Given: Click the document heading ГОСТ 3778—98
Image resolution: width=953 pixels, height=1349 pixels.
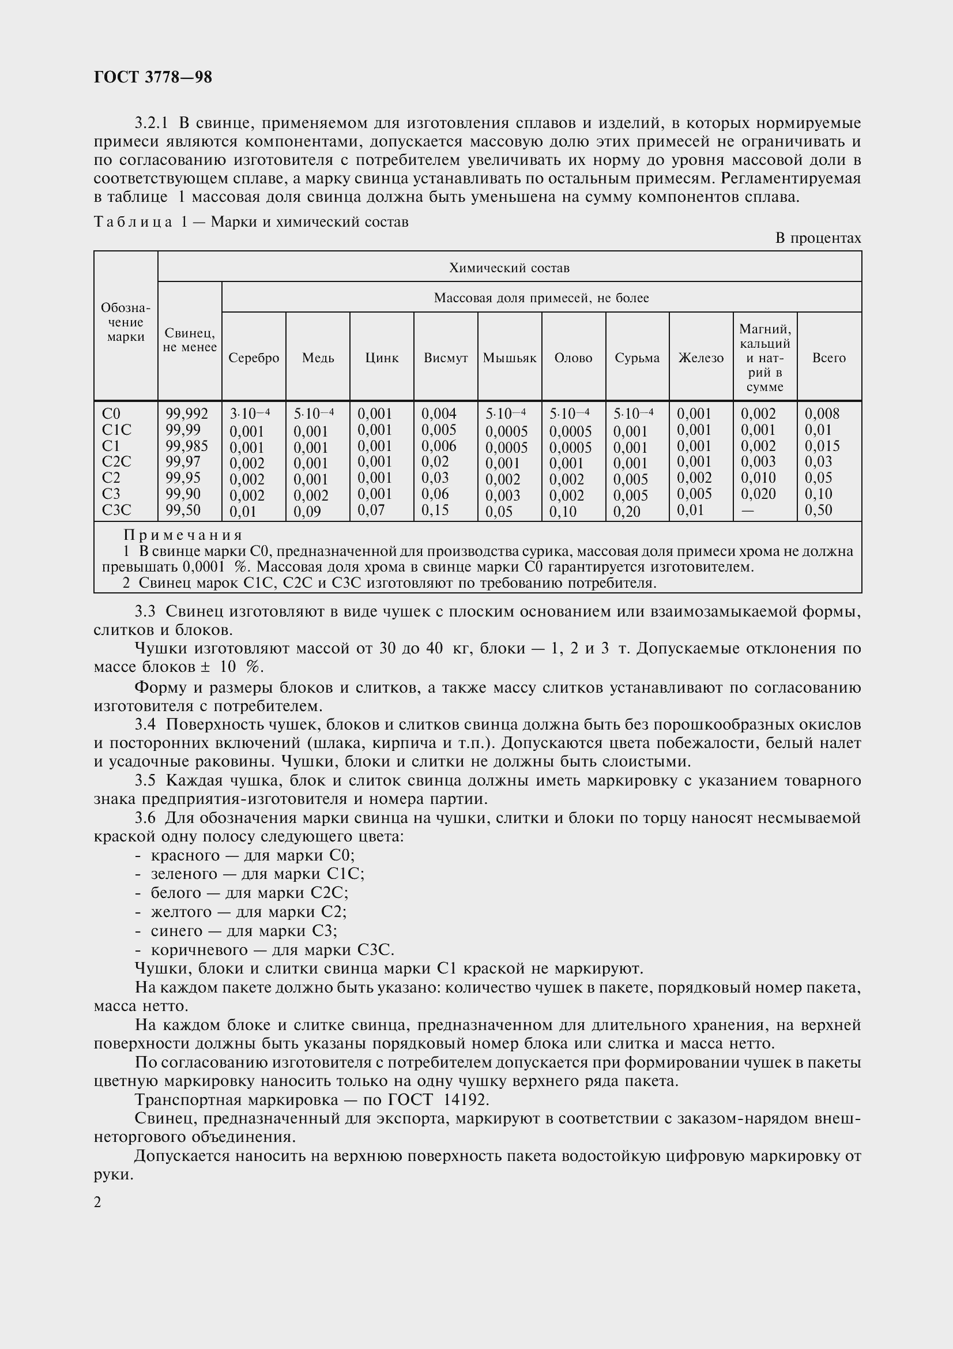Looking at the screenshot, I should point(153,77).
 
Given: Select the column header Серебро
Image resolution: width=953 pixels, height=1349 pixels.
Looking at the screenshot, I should point(254,358).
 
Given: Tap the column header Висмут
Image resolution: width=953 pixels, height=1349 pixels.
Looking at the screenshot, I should point(446,358).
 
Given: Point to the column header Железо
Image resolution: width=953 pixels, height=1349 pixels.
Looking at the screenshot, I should point(701,358).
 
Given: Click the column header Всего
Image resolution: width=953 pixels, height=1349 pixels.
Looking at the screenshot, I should point(828,358).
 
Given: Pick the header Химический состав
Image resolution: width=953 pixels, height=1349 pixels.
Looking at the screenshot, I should point(509,268).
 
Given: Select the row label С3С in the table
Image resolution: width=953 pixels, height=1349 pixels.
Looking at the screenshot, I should point(116,510).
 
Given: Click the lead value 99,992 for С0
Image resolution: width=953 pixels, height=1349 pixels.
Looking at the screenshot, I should point(187,414).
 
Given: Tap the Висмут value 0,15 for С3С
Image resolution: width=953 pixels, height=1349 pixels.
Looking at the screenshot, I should point(435,510).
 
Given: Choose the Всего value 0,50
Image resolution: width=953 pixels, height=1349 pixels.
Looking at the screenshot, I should point(819,510).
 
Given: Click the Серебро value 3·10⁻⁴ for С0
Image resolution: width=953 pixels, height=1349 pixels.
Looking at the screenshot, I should point(250,414).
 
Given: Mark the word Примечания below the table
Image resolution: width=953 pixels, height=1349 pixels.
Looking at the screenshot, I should point(183,535).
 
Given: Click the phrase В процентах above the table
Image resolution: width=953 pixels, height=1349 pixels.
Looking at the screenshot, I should point(818,238).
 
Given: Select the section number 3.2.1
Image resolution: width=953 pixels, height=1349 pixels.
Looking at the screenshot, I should point(152,123).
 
